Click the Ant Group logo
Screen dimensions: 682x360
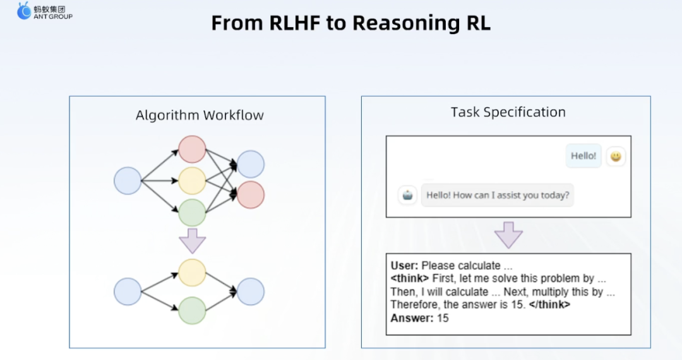44,11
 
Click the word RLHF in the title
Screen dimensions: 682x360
294,23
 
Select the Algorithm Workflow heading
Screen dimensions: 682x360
200,115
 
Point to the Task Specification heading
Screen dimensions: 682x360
508,112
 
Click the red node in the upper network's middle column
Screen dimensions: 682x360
192,149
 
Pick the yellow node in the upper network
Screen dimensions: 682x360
192,181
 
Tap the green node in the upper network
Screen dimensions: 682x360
192,213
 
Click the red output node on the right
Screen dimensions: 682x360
251,195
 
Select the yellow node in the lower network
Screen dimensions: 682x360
192,273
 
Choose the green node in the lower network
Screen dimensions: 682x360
192,311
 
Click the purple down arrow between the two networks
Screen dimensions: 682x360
192,241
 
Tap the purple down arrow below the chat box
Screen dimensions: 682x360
508,235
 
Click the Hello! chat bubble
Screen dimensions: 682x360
583,155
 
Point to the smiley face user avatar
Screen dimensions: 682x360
616,156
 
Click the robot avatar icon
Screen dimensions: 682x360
407,195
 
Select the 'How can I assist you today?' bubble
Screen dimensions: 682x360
498,195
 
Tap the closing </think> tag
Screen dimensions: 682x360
549,304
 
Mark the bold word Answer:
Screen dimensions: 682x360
412,318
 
